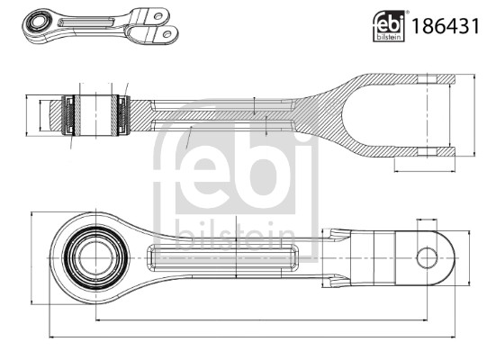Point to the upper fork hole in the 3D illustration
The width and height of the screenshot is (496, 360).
[x=156, y=19]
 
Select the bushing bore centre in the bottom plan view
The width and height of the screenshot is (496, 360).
[x=89, y=257]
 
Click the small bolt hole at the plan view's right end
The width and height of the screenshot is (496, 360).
[x=428, y=257]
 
